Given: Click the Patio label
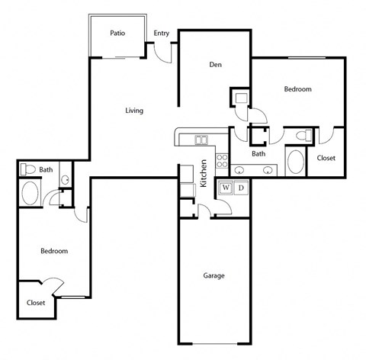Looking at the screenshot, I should click(117, 33).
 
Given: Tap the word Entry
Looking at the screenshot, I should click(162, 33).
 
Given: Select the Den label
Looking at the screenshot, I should click(215, 64).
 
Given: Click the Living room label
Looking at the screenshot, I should click(134, 111).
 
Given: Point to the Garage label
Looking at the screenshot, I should click(213, 275).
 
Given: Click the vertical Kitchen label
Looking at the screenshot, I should click(204, 174).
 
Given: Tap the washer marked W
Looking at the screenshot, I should click(226, 188).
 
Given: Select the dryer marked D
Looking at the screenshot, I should click(241, 188).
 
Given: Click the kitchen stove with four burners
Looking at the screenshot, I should click(223, 162).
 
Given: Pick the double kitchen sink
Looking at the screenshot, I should click(201, 140).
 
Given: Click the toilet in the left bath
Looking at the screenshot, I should click(28, 169).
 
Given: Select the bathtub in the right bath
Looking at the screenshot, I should click(294, 162).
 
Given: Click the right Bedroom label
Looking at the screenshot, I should click(297, 89).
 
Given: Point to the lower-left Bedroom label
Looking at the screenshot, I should click(54, 251).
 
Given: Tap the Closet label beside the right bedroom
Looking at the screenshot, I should click(326, 158).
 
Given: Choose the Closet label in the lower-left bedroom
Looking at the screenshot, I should click(36, 303).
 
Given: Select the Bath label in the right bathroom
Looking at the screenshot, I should click(258, 153).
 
